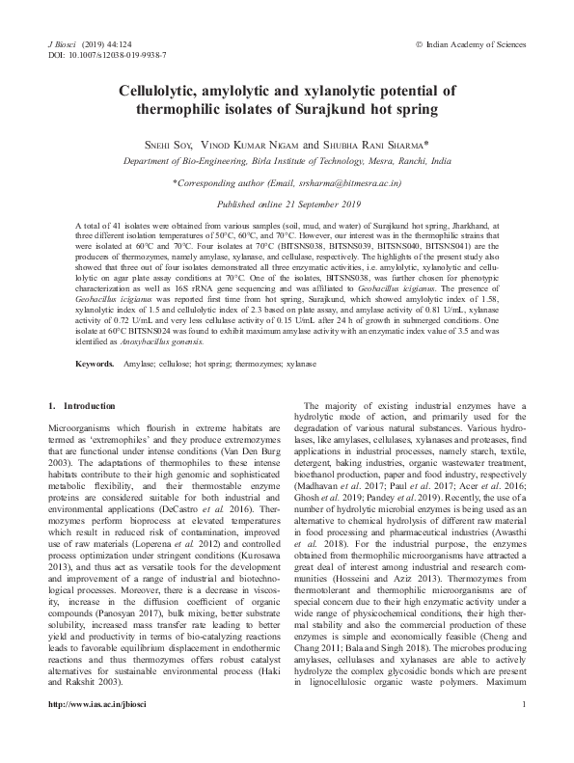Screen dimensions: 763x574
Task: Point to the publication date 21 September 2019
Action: pos(316,204)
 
